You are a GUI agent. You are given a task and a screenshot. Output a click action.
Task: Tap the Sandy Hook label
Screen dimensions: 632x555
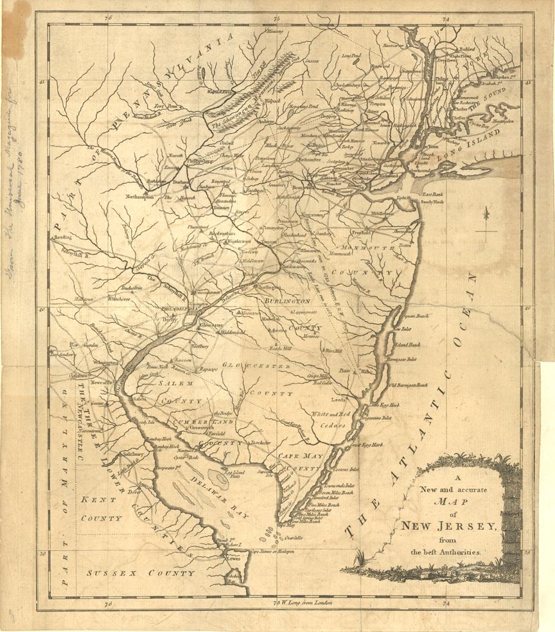433,201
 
